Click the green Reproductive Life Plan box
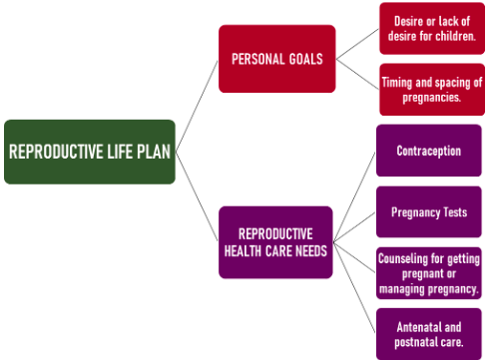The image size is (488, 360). point(90,152)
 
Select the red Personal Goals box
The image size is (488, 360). point(276,59)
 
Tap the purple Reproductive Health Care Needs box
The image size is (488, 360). point(275,241)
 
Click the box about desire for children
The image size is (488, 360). point(431,29)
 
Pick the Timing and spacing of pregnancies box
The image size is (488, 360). point(431,90)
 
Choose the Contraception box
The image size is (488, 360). point(428,151)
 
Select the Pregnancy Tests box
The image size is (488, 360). point(428,212)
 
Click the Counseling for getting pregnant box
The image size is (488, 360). point(428,273)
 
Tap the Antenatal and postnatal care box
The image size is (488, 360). point(428,334)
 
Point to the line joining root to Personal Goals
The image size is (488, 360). point(198,106)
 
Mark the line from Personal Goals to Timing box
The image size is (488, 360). point(357,75)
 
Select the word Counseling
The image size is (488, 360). point(404,258)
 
